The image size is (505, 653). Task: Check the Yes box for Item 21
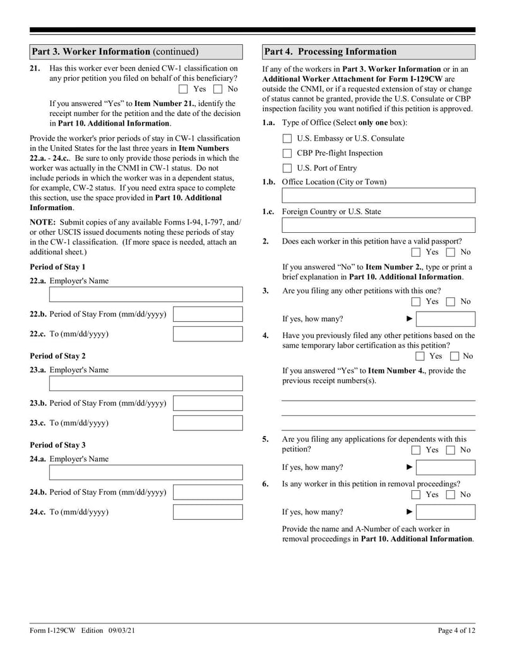coord(184,89)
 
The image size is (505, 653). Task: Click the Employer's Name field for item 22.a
coord(145,294)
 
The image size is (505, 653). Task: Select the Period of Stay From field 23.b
coord(207,403)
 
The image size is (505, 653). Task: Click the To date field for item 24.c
coord(207,512)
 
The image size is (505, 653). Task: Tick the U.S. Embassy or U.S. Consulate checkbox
coord(287,139)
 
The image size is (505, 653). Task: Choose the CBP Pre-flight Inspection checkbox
coord(287,153)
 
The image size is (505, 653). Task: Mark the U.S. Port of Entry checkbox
coord(287,168)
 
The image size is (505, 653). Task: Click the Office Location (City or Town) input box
coord(378,196)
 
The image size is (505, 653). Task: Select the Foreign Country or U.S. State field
coord(378,225)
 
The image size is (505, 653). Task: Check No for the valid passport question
coord(451,252)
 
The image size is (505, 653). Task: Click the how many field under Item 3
coord(446,319)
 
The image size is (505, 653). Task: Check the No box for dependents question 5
coord(451,450)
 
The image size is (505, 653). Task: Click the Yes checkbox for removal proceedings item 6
coord(416,495)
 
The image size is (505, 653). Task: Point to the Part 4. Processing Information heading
coord(331,52)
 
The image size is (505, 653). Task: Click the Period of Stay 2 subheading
coord(57,356)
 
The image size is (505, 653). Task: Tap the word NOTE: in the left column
coord(43,222)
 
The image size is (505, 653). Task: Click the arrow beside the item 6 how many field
coord(409,512)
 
